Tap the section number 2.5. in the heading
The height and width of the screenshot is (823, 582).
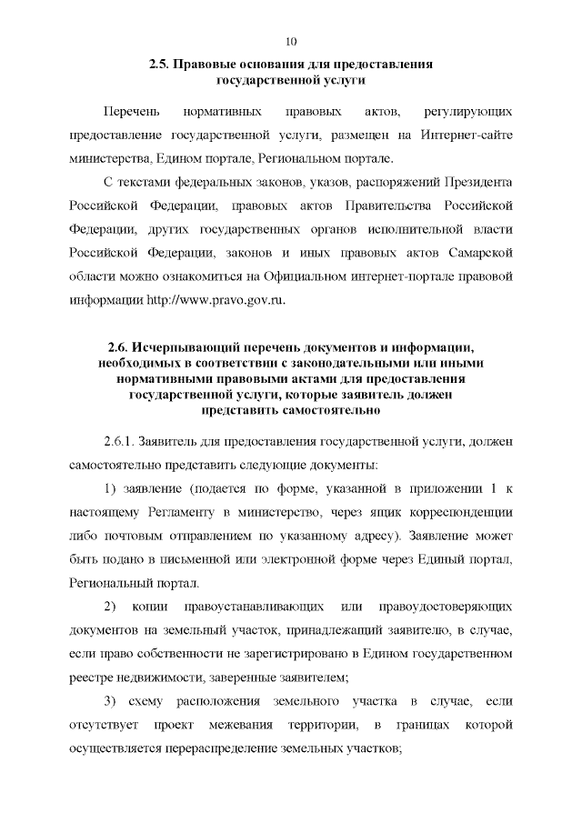(159, 65)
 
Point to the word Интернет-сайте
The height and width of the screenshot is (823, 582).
(467, 135)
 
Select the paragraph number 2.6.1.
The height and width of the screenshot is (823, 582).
(119, 441)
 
